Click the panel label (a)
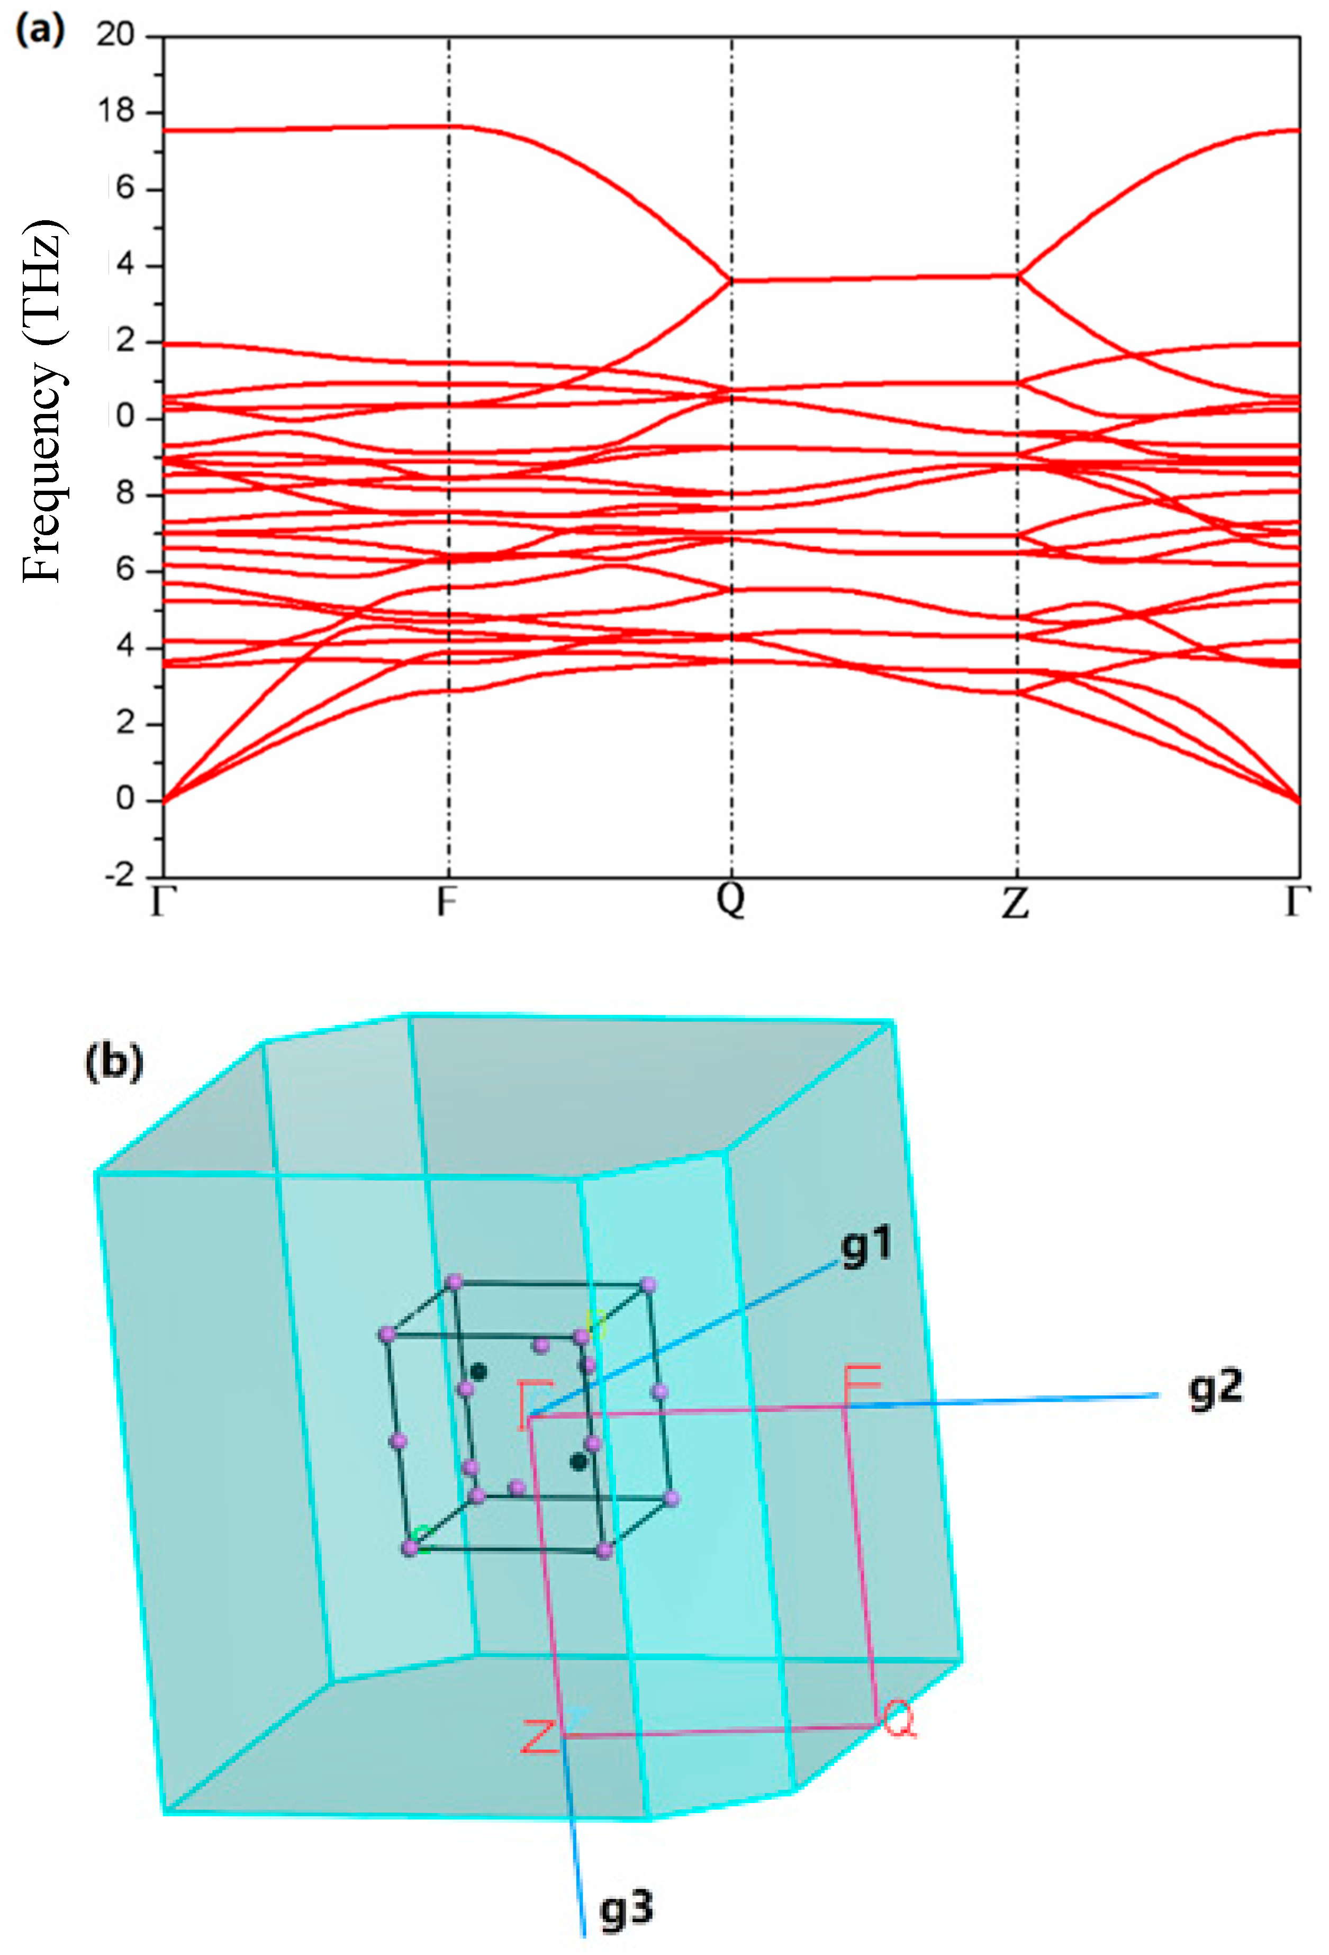click(39, 31)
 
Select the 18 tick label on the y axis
click(115, 111)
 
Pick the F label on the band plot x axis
click(447, 902)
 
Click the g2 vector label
click(1215, 1389)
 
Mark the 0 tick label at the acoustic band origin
click(125, 798)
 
